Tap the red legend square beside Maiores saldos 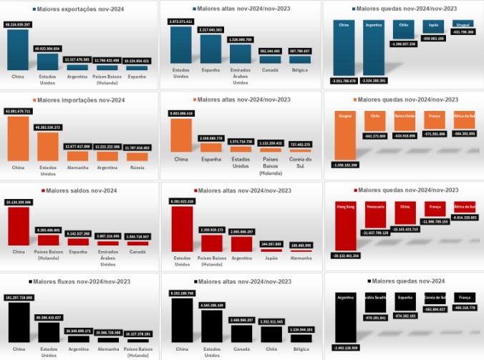[x=44, y=190]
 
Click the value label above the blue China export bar [x=17, y=25]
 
